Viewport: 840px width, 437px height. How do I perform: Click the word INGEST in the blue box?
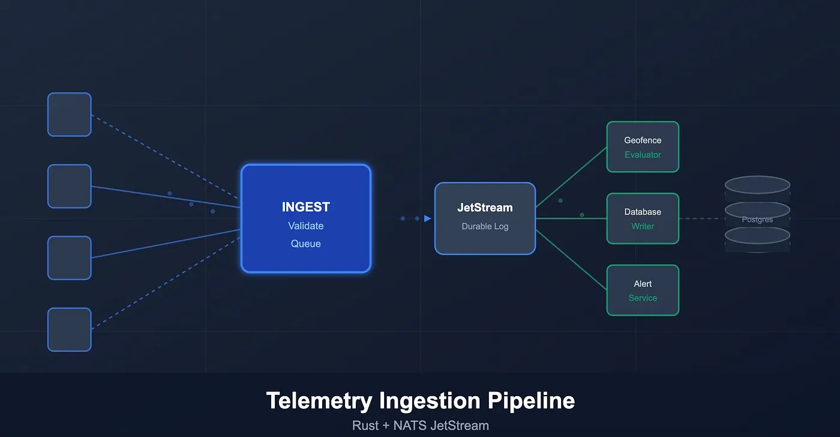(x=306, y=207)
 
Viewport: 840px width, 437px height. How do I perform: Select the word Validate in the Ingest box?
(x=306, y=226)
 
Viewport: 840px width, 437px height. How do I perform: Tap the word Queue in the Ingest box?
(x=306, y=244)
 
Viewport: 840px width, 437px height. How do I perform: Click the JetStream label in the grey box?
(x=485, y=208)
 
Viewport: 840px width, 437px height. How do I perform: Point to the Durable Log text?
(x=485, y=226)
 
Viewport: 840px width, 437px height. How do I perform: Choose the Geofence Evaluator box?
(x=643, y=147)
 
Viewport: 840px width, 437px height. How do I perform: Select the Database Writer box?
(x=643, y=218)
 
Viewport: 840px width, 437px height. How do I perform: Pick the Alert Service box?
(x=643, y=290)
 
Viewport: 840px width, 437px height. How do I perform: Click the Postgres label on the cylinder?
(x=757, y=220)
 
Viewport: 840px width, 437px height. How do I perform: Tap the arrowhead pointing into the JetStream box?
(x=427, y=218)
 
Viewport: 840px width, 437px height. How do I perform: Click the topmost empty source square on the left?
(x=70, y=115)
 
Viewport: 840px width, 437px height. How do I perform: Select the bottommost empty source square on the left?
(x=70, y=330)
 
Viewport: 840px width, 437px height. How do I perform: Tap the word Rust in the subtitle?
(x=365, y=426)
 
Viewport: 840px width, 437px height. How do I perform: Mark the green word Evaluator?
(x=643, y=155)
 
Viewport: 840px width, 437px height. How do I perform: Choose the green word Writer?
(x=643, y=226)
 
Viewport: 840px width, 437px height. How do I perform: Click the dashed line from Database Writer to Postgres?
(x=699, y=218)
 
